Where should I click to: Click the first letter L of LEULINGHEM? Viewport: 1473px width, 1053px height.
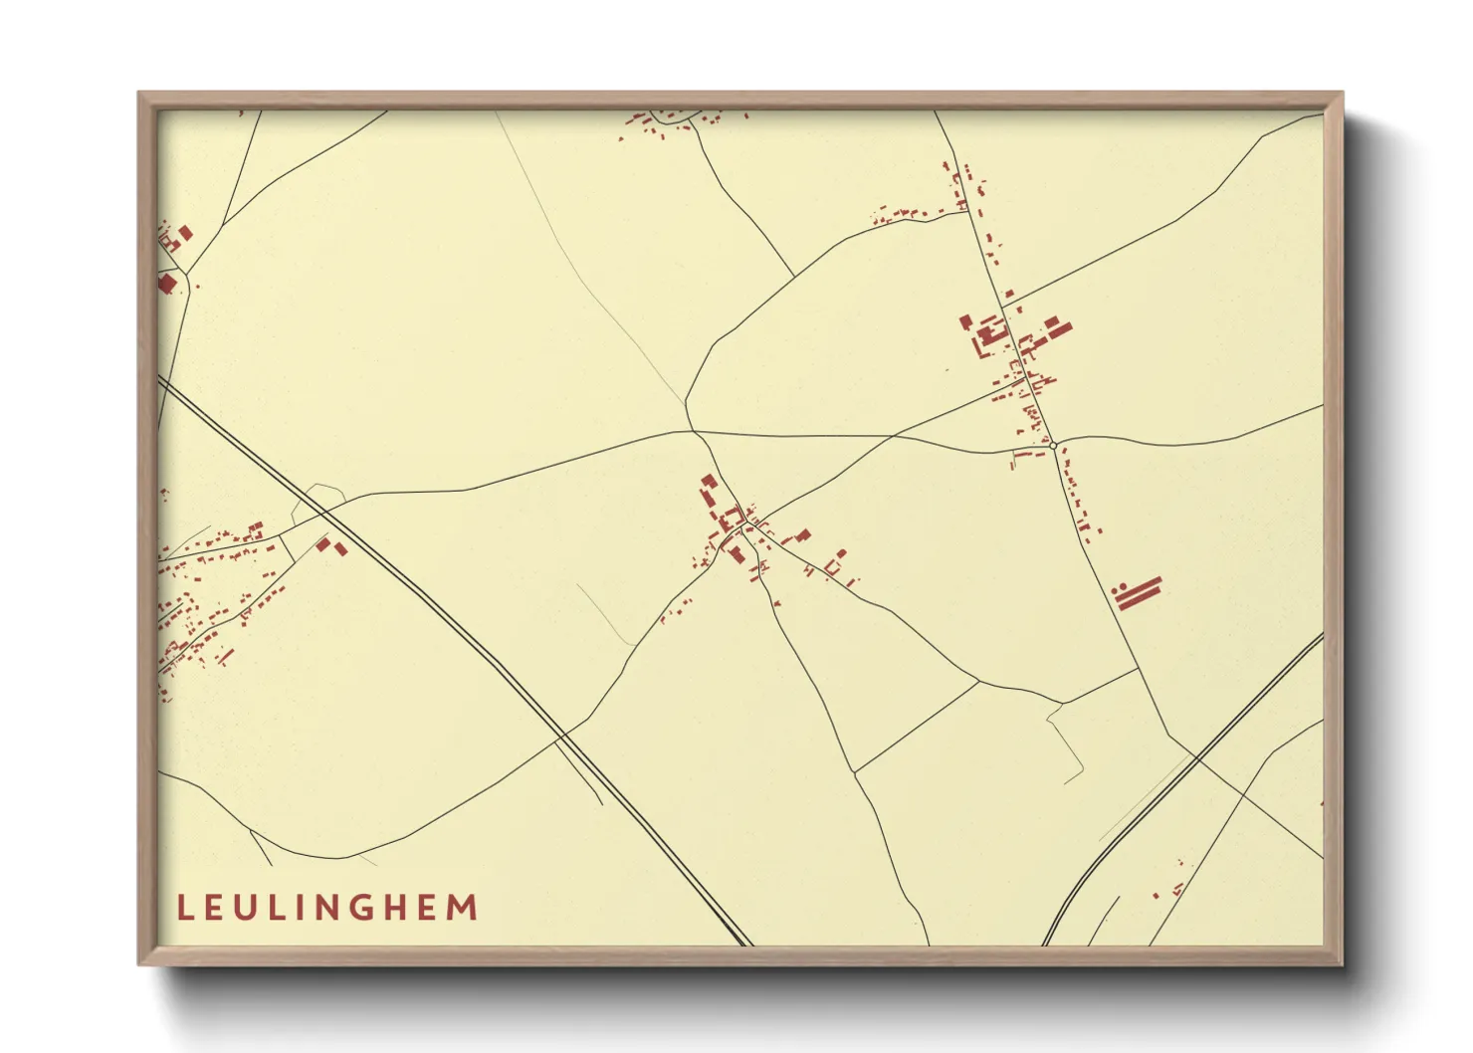(184, 908)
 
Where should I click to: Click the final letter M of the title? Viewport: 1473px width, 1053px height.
(463, 908)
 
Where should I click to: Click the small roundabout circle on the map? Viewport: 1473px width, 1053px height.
(1053, 446)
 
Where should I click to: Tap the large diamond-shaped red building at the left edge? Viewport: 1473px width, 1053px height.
(166, 284)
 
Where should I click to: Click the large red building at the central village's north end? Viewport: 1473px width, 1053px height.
(709, 482)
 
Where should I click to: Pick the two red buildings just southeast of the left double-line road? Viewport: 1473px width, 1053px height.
(331, 545)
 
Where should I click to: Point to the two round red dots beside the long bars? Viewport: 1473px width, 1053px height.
(1119, 589)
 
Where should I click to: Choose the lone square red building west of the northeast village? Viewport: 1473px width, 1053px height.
(964, 320)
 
